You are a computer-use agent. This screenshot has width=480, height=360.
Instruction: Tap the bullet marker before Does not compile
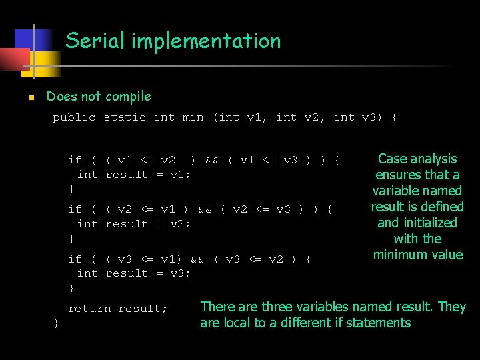[31, 97]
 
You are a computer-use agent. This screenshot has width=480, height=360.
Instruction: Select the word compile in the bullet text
[128, 97]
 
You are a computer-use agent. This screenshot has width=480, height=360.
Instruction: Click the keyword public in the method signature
[74, 117]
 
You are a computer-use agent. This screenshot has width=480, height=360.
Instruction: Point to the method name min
[193, 117]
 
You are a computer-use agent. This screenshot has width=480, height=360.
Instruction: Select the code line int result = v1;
[134, 175]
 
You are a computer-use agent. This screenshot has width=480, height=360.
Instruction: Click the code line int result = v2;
[134, 224]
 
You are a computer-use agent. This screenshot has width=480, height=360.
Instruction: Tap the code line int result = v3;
[134, 273]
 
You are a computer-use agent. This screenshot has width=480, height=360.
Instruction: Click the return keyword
[89, 309]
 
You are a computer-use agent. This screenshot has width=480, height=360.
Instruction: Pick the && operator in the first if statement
[211, 160]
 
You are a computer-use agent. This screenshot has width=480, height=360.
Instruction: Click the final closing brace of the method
[56, 323]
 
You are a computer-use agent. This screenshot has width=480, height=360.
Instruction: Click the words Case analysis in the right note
[417, 159]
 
